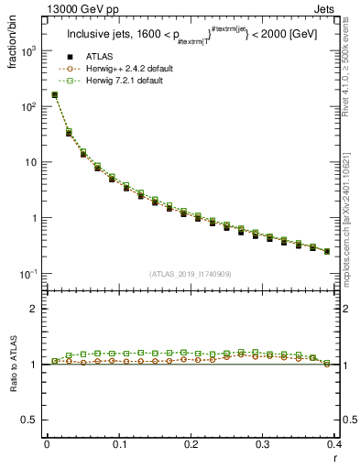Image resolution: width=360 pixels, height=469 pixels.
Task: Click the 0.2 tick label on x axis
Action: [191, 444]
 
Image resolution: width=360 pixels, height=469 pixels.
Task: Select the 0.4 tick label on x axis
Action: [334, 444]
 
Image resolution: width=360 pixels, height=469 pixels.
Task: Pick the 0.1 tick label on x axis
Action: [118, 444]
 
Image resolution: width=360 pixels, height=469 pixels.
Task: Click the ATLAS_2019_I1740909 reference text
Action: [191, 273]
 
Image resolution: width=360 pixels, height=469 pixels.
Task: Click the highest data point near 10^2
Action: [54, 94]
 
